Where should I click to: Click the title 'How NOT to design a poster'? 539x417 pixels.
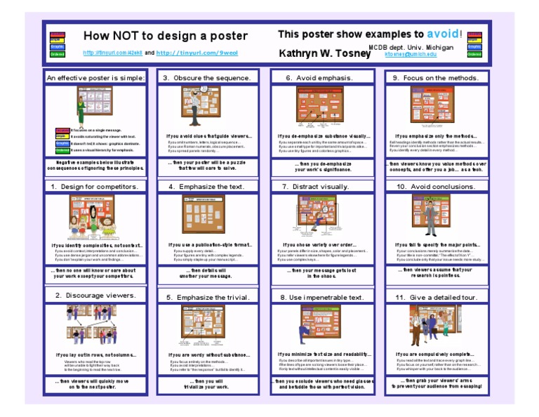coord(165,36)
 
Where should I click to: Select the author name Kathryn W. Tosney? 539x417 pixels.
coord(325,53)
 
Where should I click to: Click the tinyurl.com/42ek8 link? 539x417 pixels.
coord(113,53)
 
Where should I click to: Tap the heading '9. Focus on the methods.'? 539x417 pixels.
coord(435,78)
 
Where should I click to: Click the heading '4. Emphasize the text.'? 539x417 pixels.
coord(208,187)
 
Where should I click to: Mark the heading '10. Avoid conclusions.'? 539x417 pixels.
coord(436,187)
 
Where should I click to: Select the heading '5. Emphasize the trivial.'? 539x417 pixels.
coord(208,297)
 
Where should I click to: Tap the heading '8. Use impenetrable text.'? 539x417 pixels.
coord(321,297)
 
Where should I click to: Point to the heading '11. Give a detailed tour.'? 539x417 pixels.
coord(436,297)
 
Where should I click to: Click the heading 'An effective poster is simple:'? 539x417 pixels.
coord(95,78)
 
